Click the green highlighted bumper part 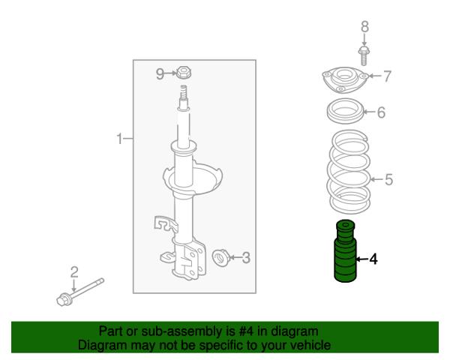[x=346, y=251]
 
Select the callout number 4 [x=373, y=259]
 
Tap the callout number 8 [x=364, y=27]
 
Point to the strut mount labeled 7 [x=345, y=80]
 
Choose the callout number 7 [x=388, y=76]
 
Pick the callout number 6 [x=381, y=112]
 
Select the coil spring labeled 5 [x=349, y=172]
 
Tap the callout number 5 [x=388, y=180]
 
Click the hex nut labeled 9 [x=183, y=72]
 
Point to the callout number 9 [x=160, y=73]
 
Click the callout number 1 [x=120, y=139]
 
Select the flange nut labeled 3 [x=220, y=257]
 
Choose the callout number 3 [x=246, y=258]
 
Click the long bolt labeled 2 [x=80, y=292]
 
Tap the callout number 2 [x=74, y=271]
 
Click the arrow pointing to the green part [x=362, y=259]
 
